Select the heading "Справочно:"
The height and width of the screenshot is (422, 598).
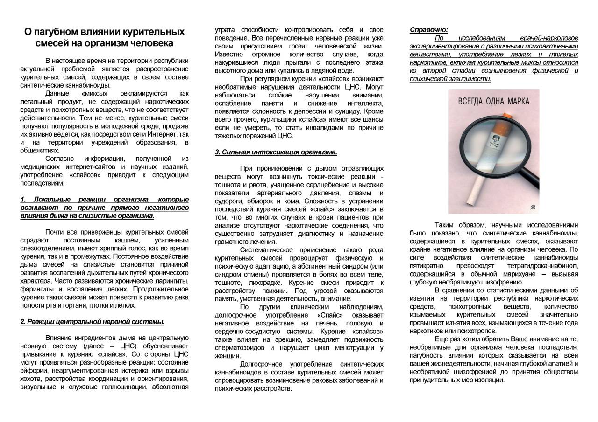428,30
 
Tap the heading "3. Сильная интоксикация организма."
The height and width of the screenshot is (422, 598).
276,152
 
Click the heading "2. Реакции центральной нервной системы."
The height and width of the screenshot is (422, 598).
92,322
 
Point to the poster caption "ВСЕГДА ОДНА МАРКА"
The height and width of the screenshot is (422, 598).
494,101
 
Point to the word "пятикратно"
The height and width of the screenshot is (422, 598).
426,266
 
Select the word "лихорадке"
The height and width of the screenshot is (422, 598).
266,283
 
